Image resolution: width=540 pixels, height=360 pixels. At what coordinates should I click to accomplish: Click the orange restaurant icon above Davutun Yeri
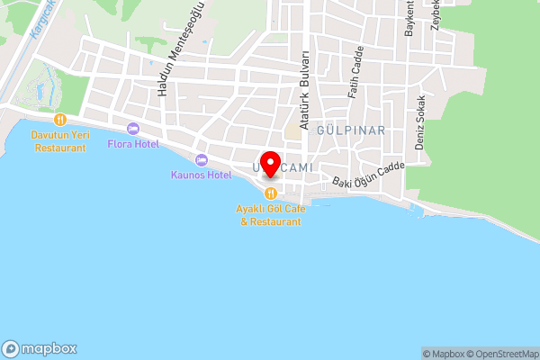point(60,119)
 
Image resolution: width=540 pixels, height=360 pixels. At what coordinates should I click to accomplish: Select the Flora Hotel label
point(133,144)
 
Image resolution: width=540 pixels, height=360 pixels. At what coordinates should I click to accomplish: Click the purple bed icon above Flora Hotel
point(133,129)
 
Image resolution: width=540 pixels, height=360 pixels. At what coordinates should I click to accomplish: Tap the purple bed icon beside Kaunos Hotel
point(200,159)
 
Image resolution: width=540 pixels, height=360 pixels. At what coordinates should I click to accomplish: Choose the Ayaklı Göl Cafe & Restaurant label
point(270,214)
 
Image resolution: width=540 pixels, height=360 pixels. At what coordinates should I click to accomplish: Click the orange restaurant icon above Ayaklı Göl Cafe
point(270,193)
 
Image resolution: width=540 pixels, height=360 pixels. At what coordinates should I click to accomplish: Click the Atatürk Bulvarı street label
point(305,90)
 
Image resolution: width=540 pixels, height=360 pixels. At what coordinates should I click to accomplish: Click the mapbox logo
point(40,349)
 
